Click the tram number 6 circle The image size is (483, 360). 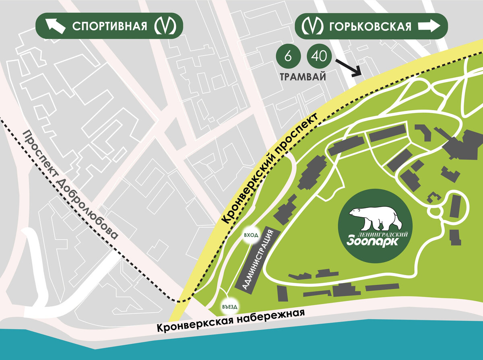pos(288,57)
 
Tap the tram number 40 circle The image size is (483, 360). pos(319,57)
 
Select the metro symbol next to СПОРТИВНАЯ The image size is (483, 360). pos(165,27)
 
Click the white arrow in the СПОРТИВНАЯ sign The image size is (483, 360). pos(56,27)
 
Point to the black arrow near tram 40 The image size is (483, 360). pos(349,67)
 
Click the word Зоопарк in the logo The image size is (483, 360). pos(372,242)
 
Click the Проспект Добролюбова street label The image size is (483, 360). pos(70,185)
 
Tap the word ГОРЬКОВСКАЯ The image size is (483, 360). pos(370,27)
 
